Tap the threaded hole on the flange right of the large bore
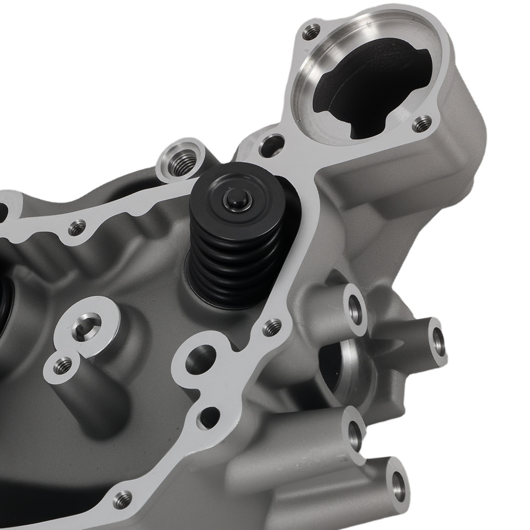(422, 124)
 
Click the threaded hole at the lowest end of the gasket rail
(123, 498)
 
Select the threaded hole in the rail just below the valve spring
(272, 326)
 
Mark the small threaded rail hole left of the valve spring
(77, 228)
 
